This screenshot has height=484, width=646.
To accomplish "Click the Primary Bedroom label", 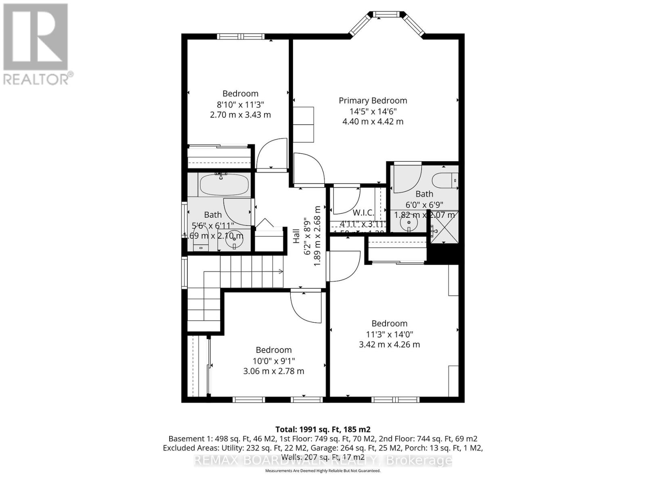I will [x=373, y=100].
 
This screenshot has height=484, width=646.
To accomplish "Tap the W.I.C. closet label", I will [x=363, y=213].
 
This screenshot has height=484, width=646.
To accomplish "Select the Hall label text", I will [x=297, y=236].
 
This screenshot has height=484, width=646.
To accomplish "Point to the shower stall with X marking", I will [x=445, y=227].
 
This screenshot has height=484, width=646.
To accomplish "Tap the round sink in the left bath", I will [x=235, y=241].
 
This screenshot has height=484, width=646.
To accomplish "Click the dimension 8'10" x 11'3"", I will [x=240, y=104].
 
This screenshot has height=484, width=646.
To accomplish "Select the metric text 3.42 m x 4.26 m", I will [x=389, y=345].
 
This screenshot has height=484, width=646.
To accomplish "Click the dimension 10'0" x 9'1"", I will [x=273, y=361].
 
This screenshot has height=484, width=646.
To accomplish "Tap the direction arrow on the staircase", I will [x=279, y=272].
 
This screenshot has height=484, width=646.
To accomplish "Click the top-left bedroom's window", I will [x=241, y=36].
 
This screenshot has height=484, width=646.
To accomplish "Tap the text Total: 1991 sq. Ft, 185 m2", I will [x=323, y=429].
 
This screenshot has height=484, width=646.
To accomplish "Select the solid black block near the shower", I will [x=443, y=255].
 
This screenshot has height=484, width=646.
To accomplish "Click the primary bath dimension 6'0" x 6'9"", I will [x=424, y=204].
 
